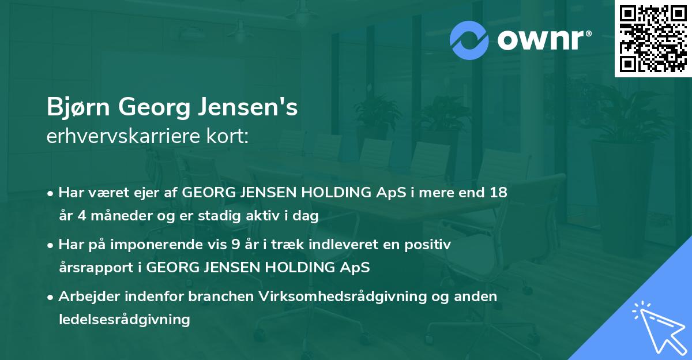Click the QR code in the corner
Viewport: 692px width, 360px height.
[653, 39]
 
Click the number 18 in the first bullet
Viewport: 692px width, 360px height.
[499, 193]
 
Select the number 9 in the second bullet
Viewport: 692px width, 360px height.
[235, 245]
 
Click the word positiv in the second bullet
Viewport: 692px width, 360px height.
[430, 245]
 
